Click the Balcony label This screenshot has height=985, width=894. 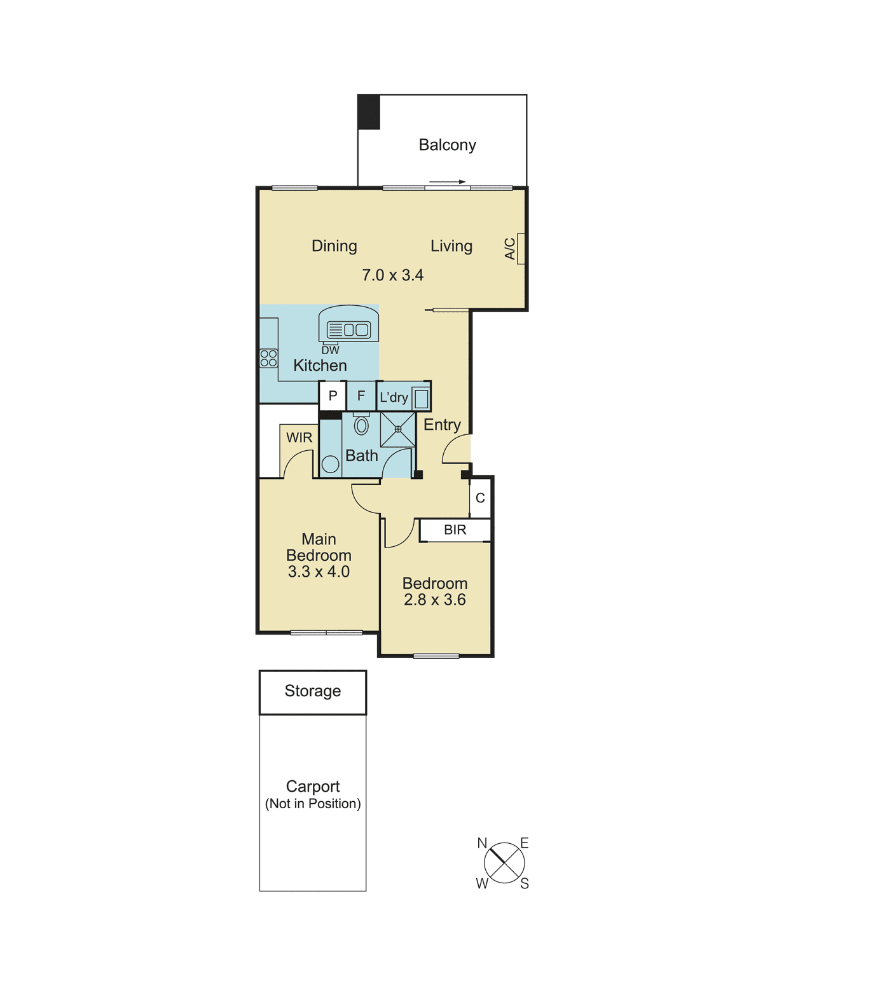coord(447,145)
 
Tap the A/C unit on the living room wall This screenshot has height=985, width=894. coord(521,249)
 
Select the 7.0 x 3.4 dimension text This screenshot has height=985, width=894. coord(392,275)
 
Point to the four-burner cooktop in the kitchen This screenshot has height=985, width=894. coord(268,358)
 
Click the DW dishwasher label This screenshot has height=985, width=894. coord(330,350)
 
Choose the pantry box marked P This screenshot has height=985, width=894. coord(333,396)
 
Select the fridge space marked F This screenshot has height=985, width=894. coord(361,396)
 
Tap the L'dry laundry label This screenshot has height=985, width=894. coord(394,397)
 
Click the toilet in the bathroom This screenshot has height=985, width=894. coord(361,425)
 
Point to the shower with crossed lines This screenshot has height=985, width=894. coord(398,429)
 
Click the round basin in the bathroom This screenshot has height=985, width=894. coord(330,464)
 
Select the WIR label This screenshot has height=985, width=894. coord(299,437)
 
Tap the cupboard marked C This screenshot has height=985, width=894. coord(480,498)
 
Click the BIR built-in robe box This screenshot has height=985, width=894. coord(455,530)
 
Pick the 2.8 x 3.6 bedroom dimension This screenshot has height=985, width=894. coord(435,600)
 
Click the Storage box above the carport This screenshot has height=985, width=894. coord(312,691)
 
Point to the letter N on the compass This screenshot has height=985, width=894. coord(482,843)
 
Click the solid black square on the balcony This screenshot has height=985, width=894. coord(369,112)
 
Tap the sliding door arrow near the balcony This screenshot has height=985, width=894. coord(448,182)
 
